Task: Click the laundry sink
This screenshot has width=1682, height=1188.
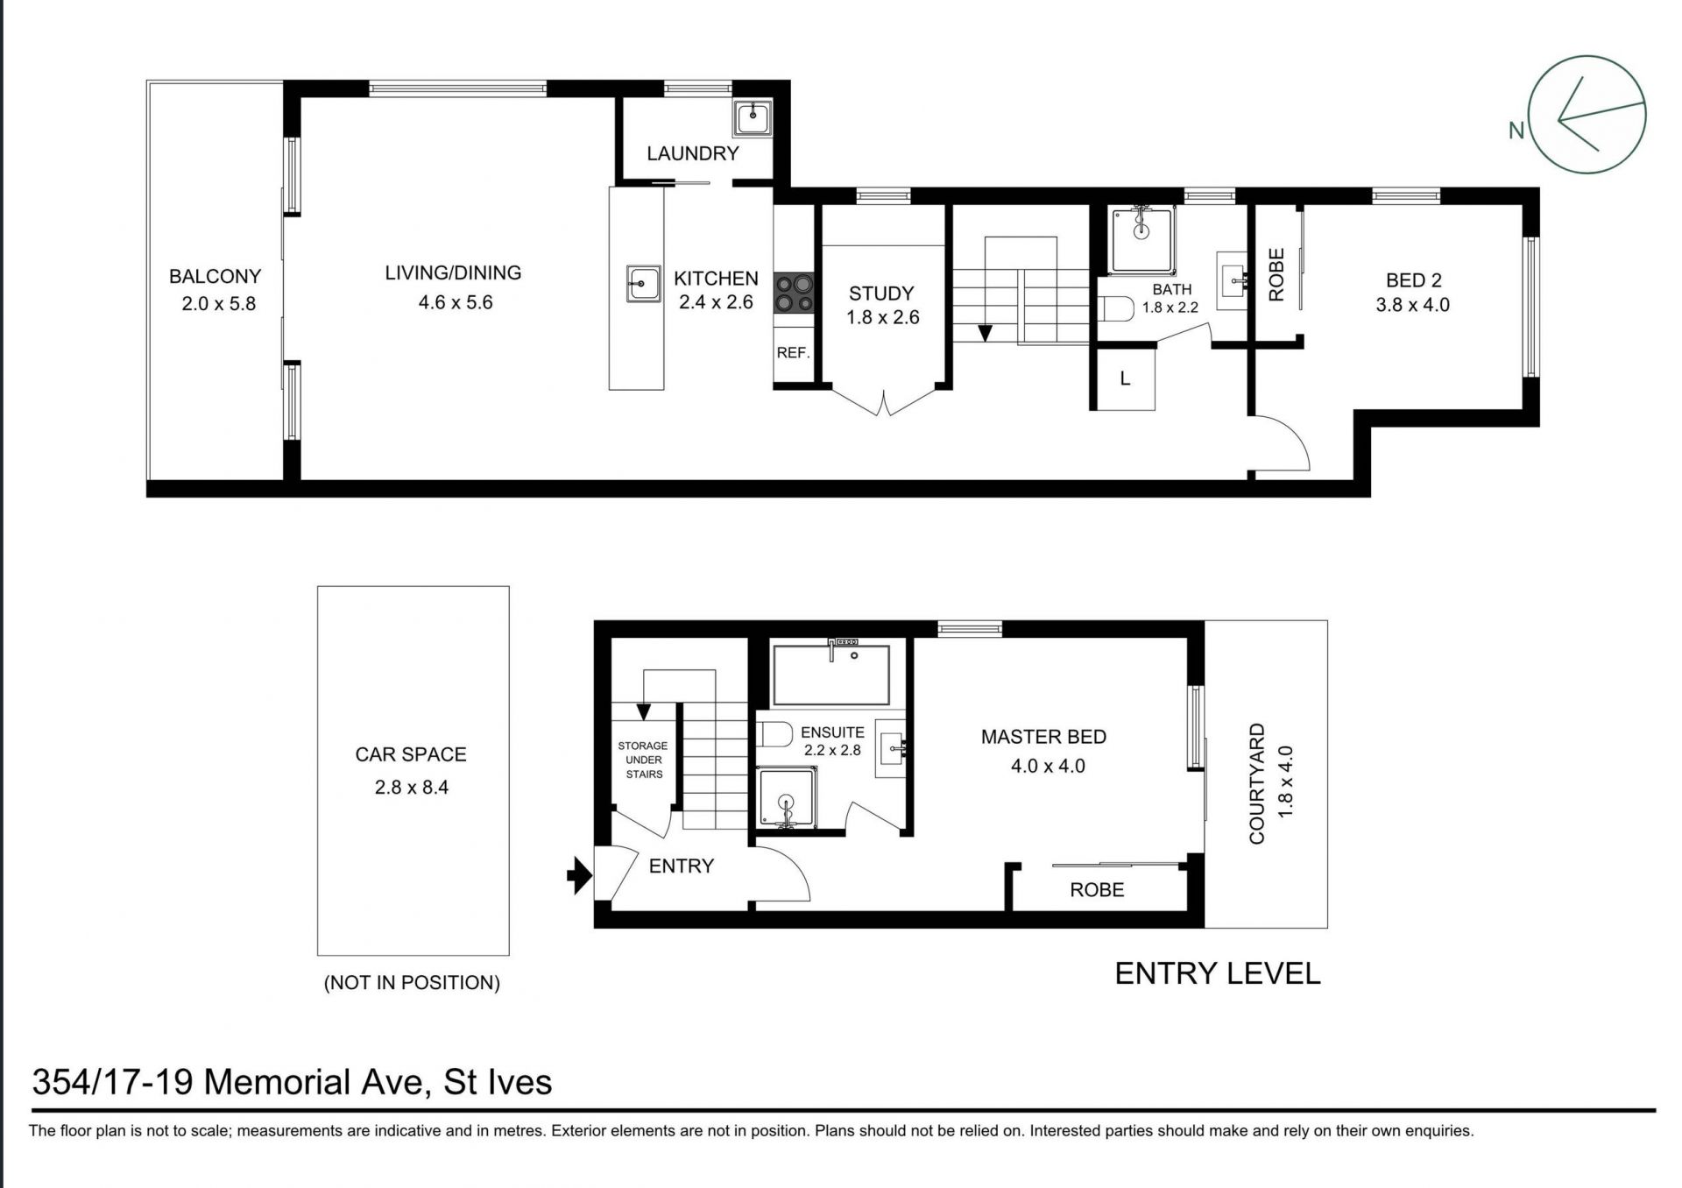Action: pyautogui.click(x=753, y=117)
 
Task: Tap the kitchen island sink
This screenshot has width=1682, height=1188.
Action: pyautogui.click(x=643, y=284)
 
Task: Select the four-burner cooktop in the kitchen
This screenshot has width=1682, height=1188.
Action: pyautogui.click(x=794, y=293)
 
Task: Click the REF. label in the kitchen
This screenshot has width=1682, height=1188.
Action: pyautogui.click(x=793, y=353)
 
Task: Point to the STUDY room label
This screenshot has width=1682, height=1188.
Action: pyautogui.click(x=881, y=293)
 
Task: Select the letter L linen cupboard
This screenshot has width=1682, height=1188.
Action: pyautogui.click(x=1126, y=379)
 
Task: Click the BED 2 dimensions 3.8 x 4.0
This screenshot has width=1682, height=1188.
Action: pyautogui.click(x=1412, y=306)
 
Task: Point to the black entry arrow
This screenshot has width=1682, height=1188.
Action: pyautogui.click(x=580, y=874)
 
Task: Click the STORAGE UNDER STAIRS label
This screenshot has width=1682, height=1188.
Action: pyautogui.click(x=643, y=760)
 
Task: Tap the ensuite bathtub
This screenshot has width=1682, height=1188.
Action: pyautogui.click(x=831, y=674)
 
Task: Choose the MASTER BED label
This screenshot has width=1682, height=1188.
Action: pyautogui.click(x=1043, y=737)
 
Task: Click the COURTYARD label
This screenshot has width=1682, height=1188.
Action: pyautogui.click(x=1257, y=783)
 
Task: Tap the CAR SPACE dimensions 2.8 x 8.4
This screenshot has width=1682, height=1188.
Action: pyautogui.click(x=412, y=788)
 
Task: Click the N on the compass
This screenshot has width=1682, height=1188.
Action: pyautogui.click(x=1516, y=131)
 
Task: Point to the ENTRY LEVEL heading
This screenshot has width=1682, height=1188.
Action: pyautogui.click(x=1217, y=973)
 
